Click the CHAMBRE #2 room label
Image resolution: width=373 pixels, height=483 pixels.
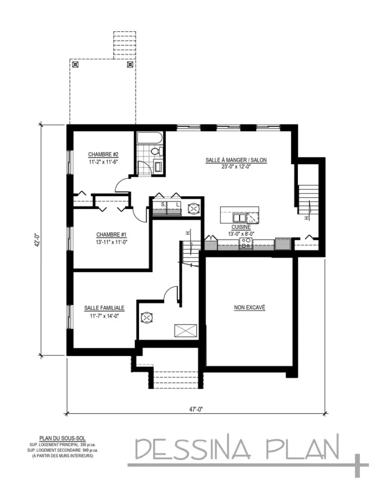tap(103, 154)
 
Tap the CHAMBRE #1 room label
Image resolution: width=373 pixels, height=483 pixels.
tap(111, 234)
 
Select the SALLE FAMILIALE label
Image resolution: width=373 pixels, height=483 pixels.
tap(104, 308)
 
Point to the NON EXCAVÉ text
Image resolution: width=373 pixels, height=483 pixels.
tap(250, 308)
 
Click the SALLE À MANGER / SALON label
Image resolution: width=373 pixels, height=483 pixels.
tap(236, 160)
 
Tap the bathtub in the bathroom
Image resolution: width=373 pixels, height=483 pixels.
tap(149, 139)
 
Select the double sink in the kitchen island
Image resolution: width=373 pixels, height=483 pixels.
tap(239, 217)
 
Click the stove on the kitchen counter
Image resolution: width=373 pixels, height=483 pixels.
tap(246, 243)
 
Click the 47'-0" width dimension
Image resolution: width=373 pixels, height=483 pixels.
tap(196, 409)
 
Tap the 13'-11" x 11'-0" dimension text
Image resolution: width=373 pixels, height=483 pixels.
tap(111, 241)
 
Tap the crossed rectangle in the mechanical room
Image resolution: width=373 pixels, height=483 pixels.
tap(184, 331)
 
